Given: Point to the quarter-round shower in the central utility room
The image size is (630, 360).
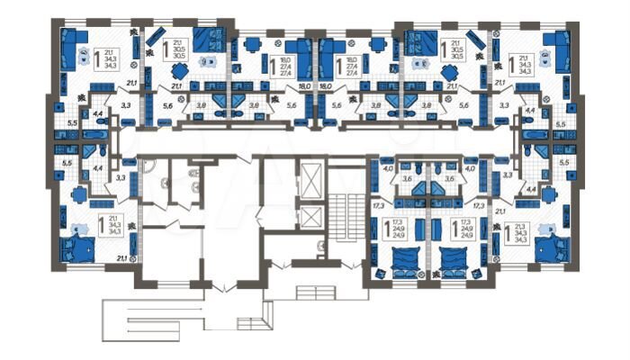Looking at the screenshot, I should coord(151,171).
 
